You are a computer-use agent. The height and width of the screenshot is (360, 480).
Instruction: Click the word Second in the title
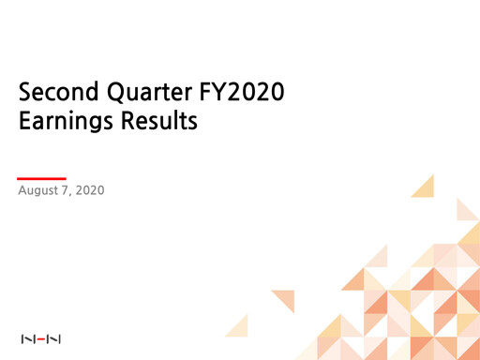(x=55, y=94)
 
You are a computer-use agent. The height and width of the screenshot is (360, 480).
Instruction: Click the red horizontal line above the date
(x=42, y=177)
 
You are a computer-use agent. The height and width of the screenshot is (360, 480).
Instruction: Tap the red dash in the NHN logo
(x=40, y=337)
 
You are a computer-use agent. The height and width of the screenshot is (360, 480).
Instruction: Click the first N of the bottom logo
(x=26, y=337)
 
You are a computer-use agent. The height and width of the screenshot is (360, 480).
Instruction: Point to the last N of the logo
(x=54, y=337)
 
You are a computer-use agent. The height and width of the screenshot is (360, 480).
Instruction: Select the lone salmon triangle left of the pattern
(x=285, y=299)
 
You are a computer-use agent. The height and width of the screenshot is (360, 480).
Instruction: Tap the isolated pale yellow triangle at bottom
(x=239, y=326)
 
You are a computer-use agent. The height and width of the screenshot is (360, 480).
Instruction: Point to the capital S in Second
(x=25, y=94)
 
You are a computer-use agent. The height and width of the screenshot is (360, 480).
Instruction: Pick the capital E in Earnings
(x=25, y=123)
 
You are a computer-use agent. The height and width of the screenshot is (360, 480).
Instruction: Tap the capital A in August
(x=22, y=191)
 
